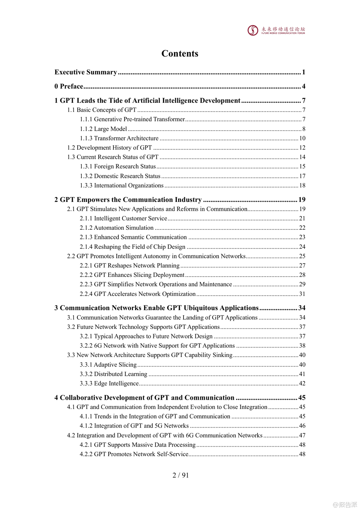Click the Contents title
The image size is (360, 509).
pyautogui.click(x=180, y=54)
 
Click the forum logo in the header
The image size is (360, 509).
pyautogui.click(x=276, y=30)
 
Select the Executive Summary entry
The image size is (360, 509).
pyautogui.click(x=86, y=72)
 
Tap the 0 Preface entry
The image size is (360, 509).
pyautogui.click(x=69, y=87)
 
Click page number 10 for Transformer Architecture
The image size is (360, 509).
pyautogui.click(x=302, y=138)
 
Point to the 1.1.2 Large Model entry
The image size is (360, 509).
pyautogui.click(x=103, y=129)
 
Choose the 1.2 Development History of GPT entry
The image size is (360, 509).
pyautogui.click(x=110, y=148)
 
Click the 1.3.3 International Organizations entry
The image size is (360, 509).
pyautogui.click(x=122, y=186)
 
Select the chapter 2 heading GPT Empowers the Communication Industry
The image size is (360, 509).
pyautogui.click(x=128, y=200)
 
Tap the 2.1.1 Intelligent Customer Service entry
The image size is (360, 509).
pyautogui.click(x=124, y=219)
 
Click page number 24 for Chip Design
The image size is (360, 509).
pyautogui.click(x=302, y=247)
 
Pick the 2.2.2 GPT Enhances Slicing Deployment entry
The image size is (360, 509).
pyautogui.click(x=132, y=275)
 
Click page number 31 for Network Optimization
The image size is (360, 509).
pyautogui.click(x=302, y=294)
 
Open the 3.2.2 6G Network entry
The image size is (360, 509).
pyautogui.click(x=157, y=346)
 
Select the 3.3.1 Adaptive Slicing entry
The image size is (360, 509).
pyautogui.click(x=108, y=365)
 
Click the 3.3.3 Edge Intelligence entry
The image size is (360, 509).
pyautogui.click(x=109, y=383)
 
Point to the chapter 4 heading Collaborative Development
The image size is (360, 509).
pyautogui.click(x=145, y=398)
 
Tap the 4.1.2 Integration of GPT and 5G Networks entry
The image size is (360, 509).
pyautogui.click(x=134, y=426)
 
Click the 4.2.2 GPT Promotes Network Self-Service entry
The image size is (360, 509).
pyautogui.click(x=134, y=454)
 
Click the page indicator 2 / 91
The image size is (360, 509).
pyautogui.click(x=181, y=475)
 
